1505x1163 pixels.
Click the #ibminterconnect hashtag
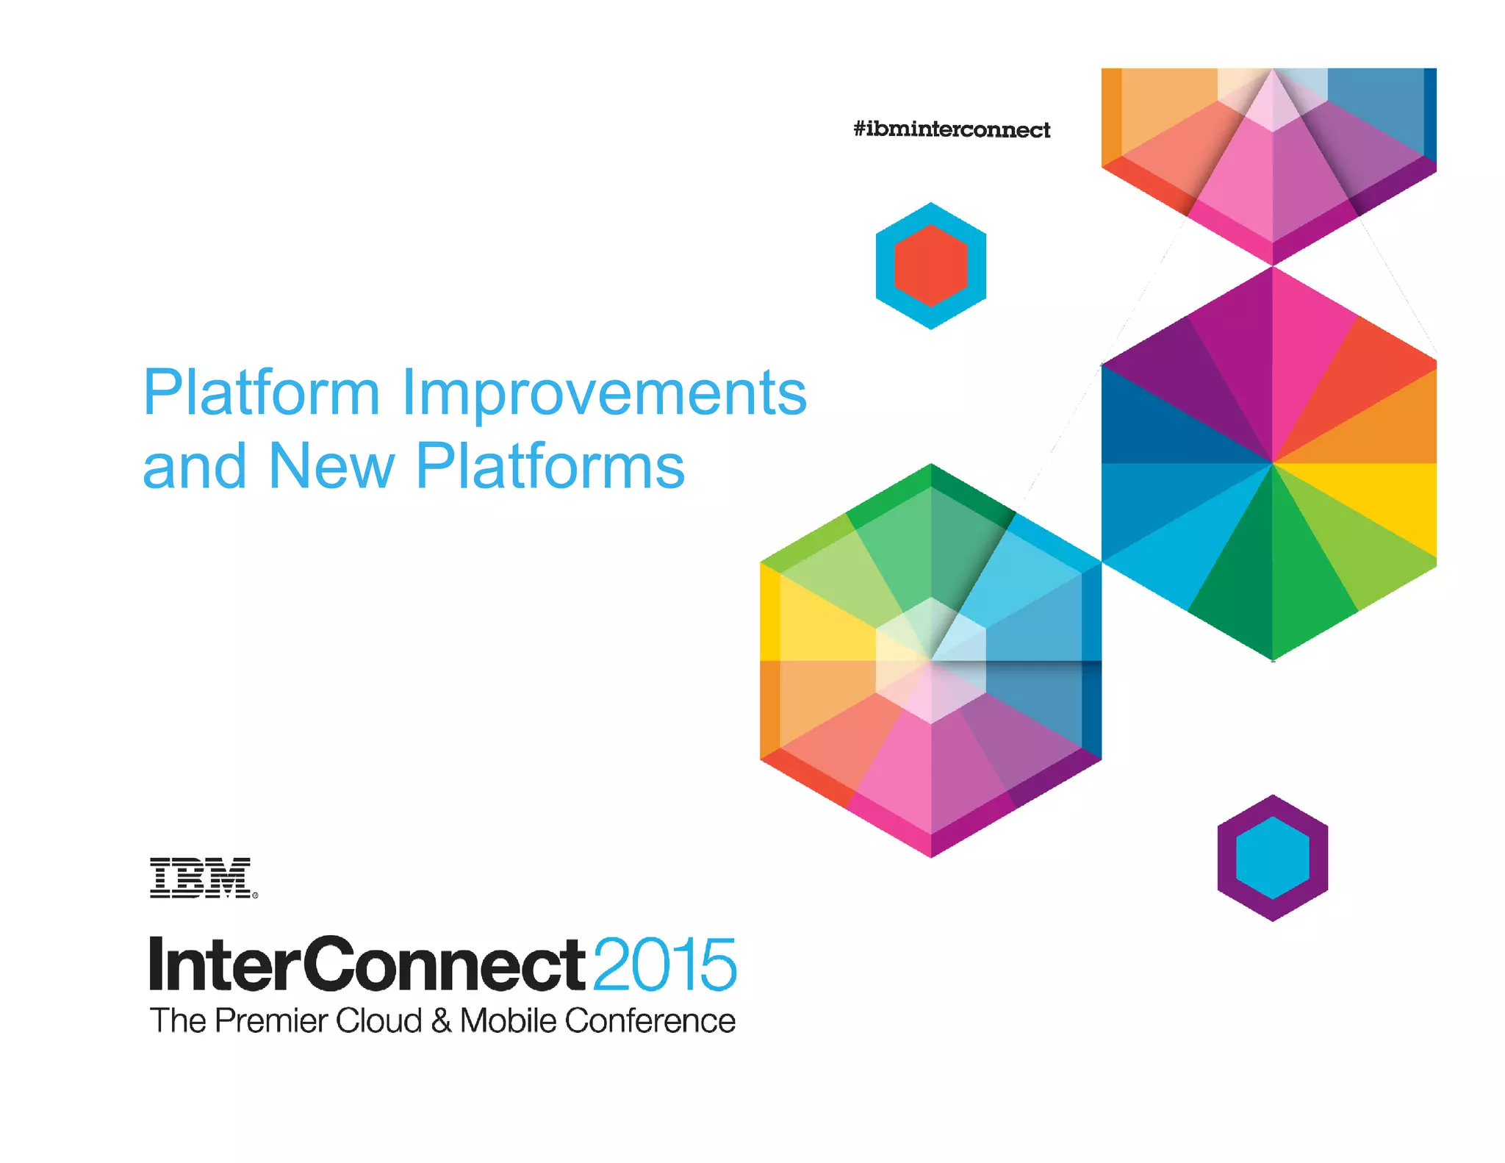pyautogui.click(x=952, y=130)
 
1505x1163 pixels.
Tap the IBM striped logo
pyautogui.click(x=201, y=877)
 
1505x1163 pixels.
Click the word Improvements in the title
pyautogui.click(x=604, y=393)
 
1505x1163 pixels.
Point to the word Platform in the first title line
pyautogui.click(x=262, y=393)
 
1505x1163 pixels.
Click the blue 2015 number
pyautogui.click(x=664, y=965)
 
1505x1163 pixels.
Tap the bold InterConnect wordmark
pyautogui.click(x=367, y=965)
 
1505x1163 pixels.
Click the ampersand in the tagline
pyautogui.click(x=441, y=1021)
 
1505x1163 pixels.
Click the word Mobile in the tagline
pyautogui.click(x=508, y=1021)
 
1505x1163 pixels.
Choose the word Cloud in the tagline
pyautogui.click(x=379, y=1021)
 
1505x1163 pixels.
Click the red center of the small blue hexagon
pyautogui.click(x=930, y=265)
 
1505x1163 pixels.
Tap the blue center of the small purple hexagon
pyautogui.click(x=1272, y=858)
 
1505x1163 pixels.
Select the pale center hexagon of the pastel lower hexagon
pyautogui.click(x=931, y=660)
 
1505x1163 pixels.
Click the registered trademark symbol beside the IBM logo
pyautogui.click(x=255, y=895)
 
